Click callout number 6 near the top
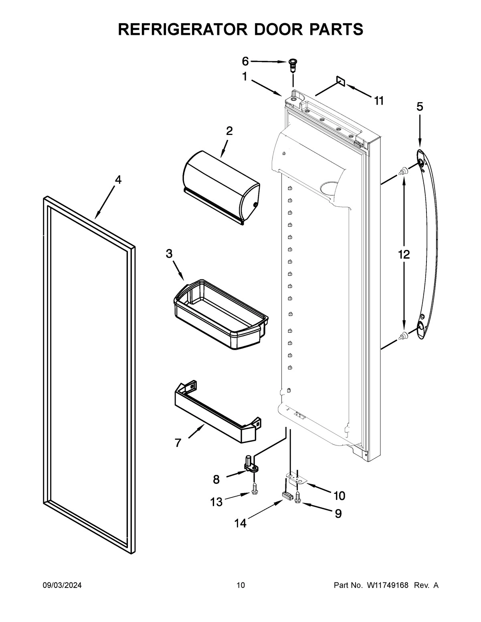click(245, 61)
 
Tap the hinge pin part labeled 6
click(293, 64)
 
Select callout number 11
click(379, 101)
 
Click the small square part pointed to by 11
click(340, 82)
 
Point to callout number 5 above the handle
click(419, 107)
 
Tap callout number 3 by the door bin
click(169, 253)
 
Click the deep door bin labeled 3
click(220, 314)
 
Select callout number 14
click(240, 523)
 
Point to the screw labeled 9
click(298, 498)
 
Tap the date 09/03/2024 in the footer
click(62, 586)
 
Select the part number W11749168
click(387, 586)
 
